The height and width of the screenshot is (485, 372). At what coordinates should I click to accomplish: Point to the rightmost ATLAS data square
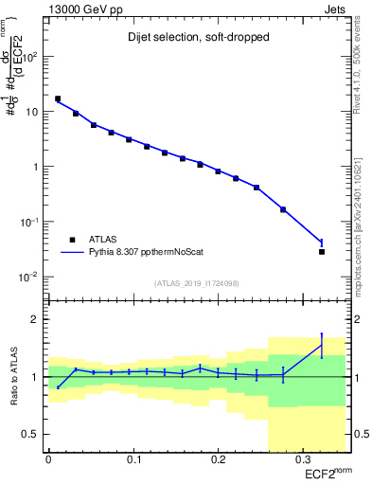coord(322,252)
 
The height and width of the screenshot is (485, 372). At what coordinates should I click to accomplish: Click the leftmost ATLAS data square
coord(58,99)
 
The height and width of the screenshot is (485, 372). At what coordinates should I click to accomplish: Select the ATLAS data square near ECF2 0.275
coord(283,209)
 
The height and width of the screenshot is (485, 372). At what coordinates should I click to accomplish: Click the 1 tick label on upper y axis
coord(38,168)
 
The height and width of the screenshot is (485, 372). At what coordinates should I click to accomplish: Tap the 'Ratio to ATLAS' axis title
coord(13,376)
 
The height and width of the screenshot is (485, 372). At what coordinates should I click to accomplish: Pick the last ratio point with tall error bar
coord(322,346)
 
